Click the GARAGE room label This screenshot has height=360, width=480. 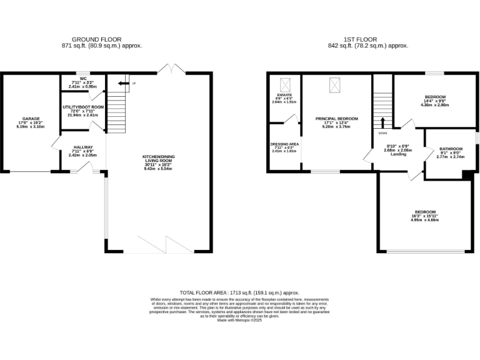tap(31, 119)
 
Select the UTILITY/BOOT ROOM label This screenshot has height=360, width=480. tap(83, 107)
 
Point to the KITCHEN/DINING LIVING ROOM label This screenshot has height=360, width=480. tap(157, 157)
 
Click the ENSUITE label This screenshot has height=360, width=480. tap(284, 95)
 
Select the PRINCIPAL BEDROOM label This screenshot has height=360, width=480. tap(336, 119)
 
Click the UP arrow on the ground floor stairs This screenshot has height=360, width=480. tap(124, 82)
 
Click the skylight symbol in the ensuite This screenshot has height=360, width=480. tap(285, 82)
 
